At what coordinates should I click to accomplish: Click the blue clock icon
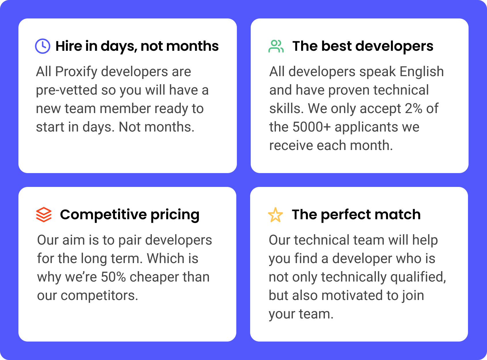43,46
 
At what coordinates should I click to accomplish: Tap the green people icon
276,46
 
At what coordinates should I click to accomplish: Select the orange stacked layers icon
44,215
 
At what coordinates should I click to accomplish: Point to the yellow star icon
275,215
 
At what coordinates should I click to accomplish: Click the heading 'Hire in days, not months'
137,46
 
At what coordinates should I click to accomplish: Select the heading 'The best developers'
363,46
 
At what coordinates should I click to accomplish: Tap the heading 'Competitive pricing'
130,215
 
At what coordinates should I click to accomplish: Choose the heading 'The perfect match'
356,215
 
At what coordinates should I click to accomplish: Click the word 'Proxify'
76,72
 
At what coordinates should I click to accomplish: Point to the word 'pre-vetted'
67,90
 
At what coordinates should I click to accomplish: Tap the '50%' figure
113,277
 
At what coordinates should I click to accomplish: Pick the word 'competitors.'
99,296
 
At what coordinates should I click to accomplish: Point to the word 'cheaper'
154,277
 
